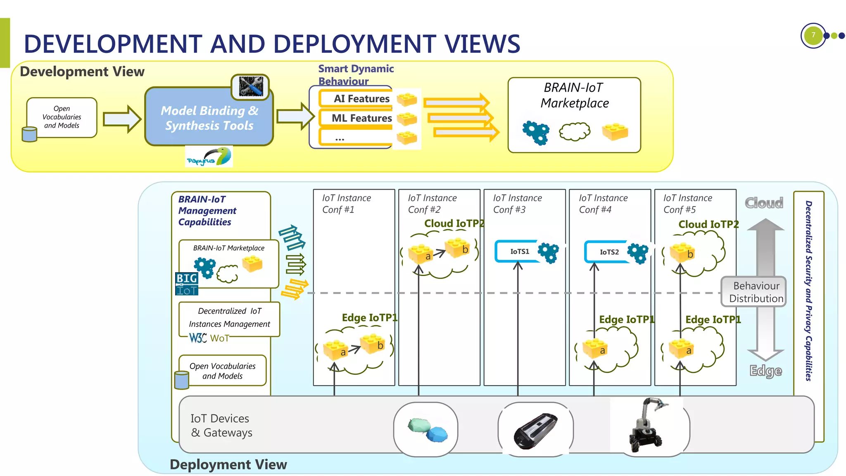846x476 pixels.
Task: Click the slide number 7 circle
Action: [813, 36]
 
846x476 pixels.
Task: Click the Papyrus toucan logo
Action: [209, 157]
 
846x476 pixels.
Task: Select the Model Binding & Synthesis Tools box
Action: [209, 118]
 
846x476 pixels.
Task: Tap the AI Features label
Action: [361, 99]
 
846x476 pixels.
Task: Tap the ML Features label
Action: [361, 118]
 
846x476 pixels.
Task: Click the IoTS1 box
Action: [519, 252]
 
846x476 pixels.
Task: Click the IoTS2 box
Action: [609, 252]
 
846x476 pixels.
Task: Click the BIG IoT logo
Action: [187, 284]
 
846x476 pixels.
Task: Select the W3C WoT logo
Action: [209, 338]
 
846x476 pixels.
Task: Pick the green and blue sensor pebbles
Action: [427, 430]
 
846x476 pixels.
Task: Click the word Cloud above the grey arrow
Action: [764, 203]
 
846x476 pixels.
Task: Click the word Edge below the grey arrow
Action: [765, 371]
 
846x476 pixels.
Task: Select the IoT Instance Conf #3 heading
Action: [517, 204]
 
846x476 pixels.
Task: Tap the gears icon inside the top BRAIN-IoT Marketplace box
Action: [536, 133]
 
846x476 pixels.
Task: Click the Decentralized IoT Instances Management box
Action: [229, 318]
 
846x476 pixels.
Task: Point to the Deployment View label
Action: [228, 464]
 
